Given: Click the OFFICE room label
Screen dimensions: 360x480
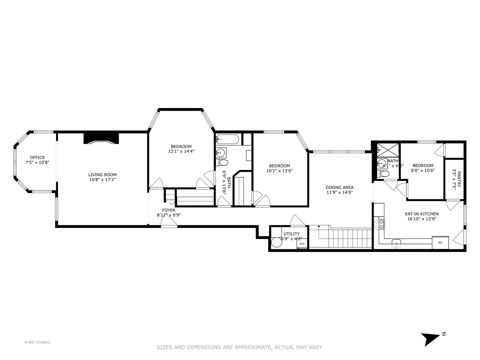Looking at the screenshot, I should pos(37,158).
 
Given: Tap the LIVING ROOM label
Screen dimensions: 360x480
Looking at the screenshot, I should pos(102,175).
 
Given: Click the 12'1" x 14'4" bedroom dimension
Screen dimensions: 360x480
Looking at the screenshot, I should pos(181,151).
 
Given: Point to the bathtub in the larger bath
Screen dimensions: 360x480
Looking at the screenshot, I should pos(227,139).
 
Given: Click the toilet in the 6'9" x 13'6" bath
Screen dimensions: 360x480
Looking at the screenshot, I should pos(222,163).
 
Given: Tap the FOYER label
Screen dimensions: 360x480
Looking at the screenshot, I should pos(169,210).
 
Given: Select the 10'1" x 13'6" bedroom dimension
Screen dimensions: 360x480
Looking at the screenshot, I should pos(279,171).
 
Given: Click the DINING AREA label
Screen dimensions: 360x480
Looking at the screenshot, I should pos(339,187).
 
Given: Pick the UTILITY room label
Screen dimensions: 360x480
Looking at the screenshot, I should pos(291,234).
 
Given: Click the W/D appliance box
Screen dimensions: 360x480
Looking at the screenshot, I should pos(302,244).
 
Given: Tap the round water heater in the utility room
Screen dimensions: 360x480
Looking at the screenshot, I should pos(276,242).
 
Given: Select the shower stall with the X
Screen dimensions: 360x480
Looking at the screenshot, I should pos(388,150).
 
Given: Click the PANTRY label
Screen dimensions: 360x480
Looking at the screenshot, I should pos(459,179).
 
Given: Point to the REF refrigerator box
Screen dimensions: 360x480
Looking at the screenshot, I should pos(440,242).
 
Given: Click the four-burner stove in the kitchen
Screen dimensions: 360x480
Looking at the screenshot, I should pos(379,224).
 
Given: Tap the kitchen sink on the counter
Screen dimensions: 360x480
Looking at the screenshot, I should pos(396,242).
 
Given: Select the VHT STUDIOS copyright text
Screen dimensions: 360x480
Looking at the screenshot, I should pos(37,342).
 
